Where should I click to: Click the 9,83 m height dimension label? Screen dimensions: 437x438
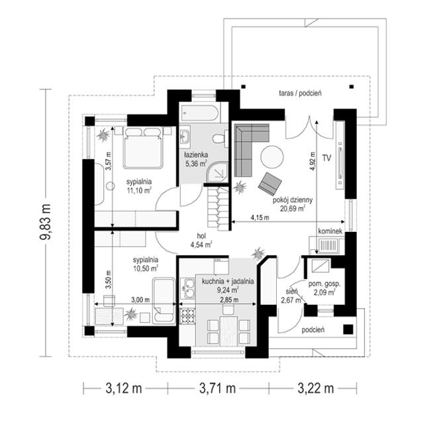[45, 222]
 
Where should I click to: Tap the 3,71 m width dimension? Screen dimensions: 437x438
[218, 388]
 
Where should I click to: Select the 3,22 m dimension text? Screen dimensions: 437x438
[316, 388]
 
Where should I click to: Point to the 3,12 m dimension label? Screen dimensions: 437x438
[124, 388]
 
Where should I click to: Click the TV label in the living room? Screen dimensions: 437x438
[327, 158]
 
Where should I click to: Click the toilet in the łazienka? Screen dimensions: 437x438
[220, 138]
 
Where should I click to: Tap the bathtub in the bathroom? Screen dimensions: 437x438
[199, 113]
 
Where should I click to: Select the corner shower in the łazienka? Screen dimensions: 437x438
[217, 172]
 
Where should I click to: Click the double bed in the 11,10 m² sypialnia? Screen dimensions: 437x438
[144, 148]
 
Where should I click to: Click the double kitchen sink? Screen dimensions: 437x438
[188, 288]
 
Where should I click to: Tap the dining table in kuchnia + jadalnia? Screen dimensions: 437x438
[228, 331]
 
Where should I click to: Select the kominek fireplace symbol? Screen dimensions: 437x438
[327, 245]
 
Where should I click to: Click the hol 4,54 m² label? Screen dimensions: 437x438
[201, 241]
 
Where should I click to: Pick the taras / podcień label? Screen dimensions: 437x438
[300, 93]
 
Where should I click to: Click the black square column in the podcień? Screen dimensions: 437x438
[348, 329]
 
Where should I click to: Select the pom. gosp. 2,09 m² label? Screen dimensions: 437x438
[324, 288]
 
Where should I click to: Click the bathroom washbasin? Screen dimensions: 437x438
[185, 137]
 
